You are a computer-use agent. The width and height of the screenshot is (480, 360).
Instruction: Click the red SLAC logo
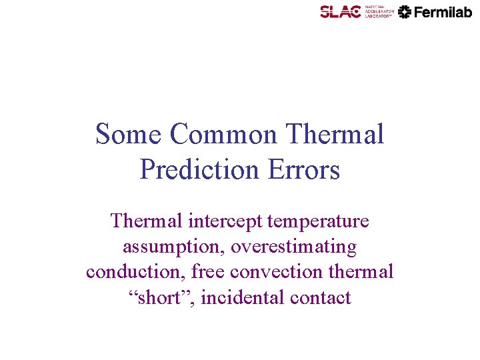340,11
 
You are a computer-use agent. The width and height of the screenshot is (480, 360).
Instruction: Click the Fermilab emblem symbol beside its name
404,11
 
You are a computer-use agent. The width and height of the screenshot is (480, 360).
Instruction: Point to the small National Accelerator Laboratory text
379,11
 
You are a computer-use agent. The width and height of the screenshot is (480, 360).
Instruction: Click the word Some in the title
129,134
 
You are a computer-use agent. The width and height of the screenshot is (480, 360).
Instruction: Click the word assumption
174,247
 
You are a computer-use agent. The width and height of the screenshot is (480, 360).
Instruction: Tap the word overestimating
293,247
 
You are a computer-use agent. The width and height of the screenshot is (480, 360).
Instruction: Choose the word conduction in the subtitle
136,272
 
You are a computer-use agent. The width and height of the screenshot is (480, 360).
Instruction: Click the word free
209,272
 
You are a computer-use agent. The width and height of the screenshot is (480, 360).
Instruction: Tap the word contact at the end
321,297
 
